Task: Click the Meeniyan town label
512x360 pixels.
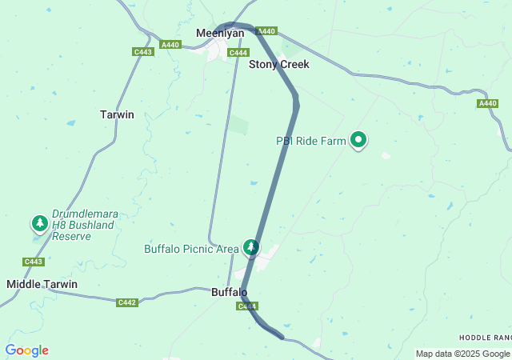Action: point(220,33)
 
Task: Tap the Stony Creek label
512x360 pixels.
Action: point(278,64)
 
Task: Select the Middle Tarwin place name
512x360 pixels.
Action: point(42,284)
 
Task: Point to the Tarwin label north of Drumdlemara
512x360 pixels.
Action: point(117,114)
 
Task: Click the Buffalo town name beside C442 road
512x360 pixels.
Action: point(229,292)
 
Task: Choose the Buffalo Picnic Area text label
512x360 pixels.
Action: point(191,249)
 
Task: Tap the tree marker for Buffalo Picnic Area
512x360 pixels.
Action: point(252,247)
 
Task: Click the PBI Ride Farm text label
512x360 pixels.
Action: point(311,142)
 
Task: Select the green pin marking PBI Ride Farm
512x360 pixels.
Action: point(359,141)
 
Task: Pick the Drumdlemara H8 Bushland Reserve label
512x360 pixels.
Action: point(83,225)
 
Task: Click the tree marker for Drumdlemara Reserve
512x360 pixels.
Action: point(39,223)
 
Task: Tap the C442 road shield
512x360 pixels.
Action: point(126,302)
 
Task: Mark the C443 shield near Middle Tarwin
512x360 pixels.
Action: point(34,262)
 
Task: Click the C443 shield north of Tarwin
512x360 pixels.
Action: point(143,52)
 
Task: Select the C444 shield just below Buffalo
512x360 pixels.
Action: point(246,306)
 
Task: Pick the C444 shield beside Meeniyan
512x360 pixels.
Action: point(238,53)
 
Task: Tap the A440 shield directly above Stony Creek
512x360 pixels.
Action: point(266,31)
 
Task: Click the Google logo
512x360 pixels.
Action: point(26,350)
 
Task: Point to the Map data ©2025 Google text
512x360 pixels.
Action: point(462,354)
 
